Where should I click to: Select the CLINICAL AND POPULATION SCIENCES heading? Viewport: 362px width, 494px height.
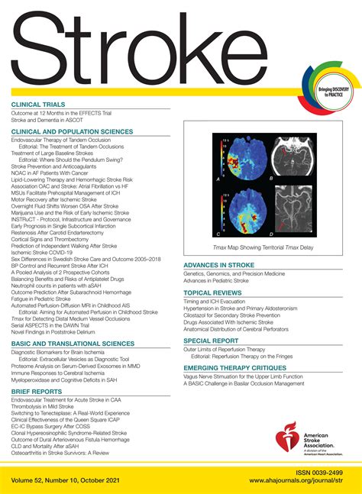pyautogui.click(x=70, y=131)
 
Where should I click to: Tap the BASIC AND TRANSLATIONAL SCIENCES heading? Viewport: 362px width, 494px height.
pyautogui.click(x=73, y=323)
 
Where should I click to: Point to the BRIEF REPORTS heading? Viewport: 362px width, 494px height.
pyautogui.click(x=37, y=390)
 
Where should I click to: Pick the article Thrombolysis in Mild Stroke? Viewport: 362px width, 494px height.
pyautogui.click(x=44, y=406)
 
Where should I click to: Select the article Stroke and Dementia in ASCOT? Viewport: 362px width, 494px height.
pyautogui.click(x=48, y=120)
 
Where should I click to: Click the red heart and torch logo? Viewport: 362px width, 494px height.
pyautogui.click(x=293, y=435)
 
